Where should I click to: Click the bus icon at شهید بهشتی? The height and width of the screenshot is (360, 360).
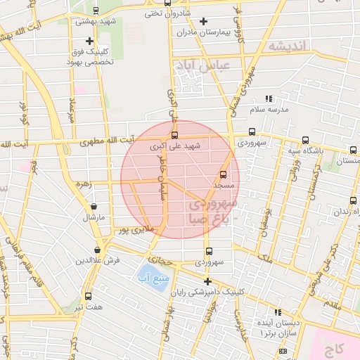(x=95, y=11)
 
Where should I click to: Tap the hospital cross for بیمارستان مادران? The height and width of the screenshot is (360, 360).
(x=204, y=21)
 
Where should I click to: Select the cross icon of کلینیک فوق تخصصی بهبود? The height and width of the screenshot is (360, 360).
(x=89, y=41)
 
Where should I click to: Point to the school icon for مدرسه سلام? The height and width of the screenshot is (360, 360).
(x=268, y=99)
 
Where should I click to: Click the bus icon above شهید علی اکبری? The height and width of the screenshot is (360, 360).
(x=174, y=136)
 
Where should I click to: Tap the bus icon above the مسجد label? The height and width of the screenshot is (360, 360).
(x=224, y=174)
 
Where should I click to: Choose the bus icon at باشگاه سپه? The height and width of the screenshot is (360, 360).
(x=305, y=140)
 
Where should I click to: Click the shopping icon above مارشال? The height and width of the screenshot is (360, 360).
(x=94, y=207)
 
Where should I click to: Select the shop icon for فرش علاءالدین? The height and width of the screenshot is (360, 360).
(x=97, y=250)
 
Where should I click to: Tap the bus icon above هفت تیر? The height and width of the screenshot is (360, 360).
(x=88, y=296)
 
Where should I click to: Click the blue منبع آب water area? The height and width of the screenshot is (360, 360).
(x=149, y=274)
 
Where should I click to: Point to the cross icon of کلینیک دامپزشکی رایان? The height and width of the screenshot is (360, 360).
(x=207, y=281)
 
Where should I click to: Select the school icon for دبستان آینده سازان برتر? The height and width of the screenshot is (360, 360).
(x=278, y=312)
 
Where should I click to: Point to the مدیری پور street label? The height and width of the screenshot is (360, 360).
(x=134, y=229)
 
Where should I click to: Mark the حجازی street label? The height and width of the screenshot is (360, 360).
(x=161, y=260)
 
